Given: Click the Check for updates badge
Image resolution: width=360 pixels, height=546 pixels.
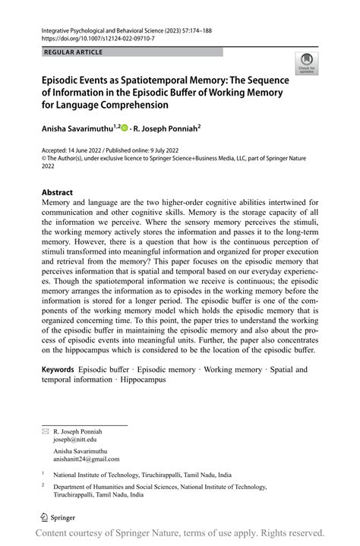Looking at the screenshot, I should [307, 64].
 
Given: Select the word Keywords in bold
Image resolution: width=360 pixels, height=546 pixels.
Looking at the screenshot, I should [58, 370].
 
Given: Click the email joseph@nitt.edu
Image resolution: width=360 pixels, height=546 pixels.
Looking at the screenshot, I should [75, 440].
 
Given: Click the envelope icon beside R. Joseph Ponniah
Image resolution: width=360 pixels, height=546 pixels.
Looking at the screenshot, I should [44, 431].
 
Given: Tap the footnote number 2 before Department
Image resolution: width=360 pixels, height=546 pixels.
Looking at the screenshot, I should [43, 484].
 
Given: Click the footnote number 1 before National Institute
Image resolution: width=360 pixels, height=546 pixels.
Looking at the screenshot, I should [43, 472].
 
